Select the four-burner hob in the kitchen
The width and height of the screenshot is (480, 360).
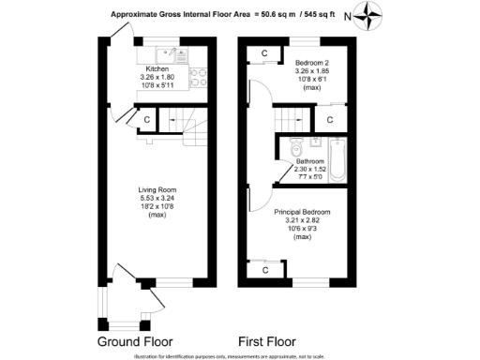199,73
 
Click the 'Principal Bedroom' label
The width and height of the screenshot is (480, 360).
302,213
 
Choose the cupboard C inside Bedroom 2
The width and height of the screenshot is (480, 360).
265,52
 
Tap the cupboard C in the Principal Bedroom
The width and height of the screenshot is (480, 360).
265,270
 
